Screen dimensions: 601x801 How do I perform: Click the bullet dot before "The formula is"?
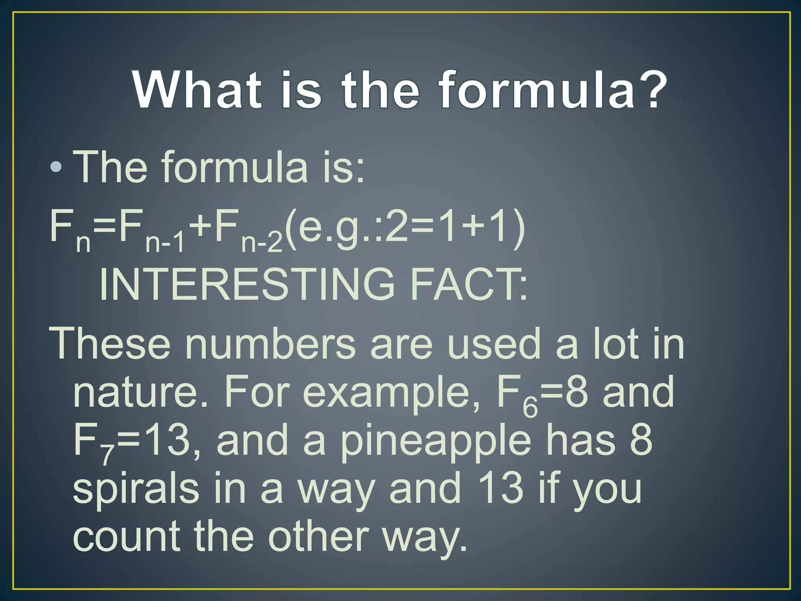56,167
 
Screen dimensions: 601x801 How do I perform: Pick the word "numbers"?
270,344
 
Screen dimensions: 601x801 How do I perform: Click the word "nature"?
135,392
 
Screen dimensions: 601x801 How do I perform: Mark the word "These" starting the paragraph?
110,344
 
